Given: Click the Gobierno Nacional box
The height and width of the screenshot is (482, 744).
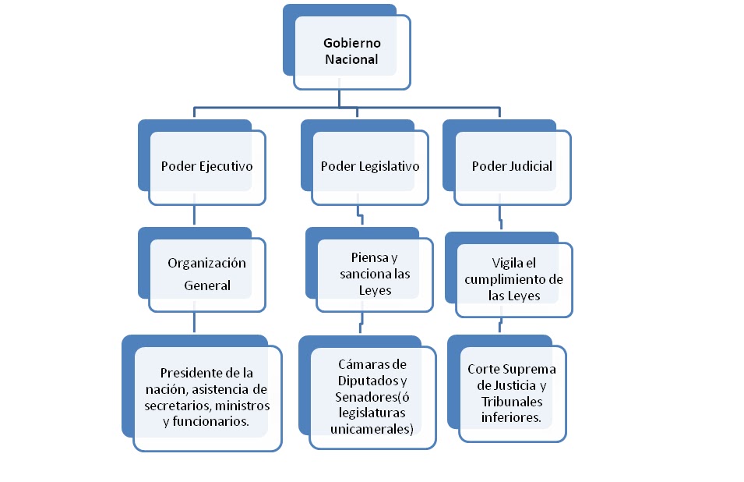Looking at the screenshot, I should tap(351, 51).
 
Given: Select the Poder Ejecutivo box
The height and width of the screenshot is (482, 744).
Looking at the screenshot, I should tap(206, 166).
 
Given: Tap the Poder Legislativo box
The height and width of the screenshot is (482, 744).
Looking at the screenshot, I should tap(370, 166).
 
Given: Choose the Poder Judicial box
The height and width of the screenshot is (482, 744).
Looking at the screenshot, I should tap(512, 166).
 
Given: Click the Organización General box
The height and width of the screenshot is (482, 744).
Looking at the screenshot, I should tap(207, 274).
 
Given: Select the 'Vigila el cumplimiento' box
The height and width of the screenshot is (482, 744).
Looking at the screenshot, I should tap(514, 279).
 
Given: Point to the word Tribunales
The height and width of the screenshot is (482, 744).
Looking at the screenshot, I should tap(513, 401).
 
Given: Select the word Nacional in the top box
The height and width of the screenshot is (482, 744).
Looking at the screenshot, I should tap(351, 59).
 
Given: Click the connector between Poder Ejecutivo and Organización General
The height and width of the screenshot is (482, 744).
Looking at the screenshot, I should tap(193, 216).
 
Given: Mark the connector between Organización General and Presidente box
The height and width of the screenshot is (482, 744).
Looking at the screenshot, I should tap(193, 324).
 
